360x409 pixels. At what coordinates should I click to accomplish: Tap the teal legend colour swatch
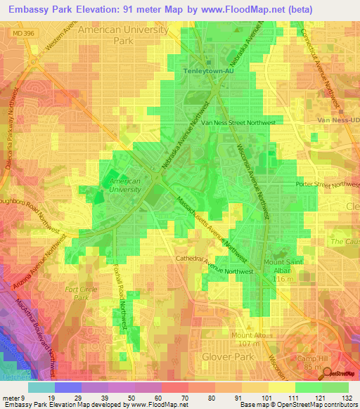pos(41,387)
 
